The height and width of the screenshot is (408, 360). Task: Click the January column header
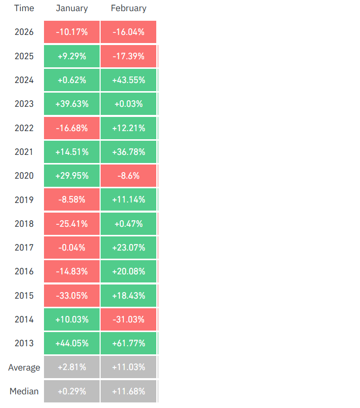click(x=71, y=8)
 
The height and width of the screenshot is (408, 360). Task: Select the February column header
click(x=128, y=8)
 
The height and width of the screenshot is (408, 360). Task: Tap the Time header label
click(x=24, y=8)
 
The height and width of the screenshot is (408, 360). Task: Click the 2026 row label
click(x=24, y=32)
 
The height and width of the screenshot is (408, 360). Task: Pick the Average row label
click(x=24, y=368)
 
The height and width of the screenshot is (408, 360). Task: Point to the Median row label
click(x=24, y=391)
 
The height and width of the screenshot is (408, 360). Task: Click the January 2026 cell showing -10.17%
click(x=72, y=32)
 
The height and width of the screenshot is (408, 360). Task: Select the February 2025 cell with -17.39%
click(x=128, y=56)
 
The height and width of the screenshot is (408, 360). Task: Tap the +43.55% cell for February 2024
click(x=128, y=80)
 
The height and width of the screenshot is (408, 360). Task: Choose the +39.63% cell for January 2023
click(x=72, y=104)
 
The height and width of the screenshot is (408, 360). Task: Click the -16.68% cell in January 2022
click(x=72, y=128)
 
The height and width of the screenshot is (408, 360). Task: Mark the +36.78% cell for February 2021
click(x=128, y=152)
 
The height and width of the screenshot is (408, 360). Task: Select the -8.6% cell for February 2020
click(x=128, y=176)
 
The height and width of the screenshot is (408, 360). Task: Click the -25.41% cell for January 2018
click(x=72, y=224)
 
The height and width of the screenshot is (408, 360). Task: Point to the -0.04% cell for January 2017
click(x=72, y=248)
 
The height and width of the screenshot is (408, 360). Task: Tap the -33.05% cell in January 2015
click(x=72, y=296)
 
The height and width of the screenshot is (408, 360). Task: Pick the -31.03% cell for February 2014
click(x=128, y=319)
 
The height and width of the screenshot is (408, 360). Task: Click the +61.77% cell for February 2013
click(x=128, y=343)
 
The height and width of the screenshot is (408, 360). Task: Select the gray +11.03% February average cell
click(x=128, y=367)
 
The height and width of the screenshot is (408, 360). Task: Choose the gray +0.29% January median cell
click(x=72, y=391)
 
